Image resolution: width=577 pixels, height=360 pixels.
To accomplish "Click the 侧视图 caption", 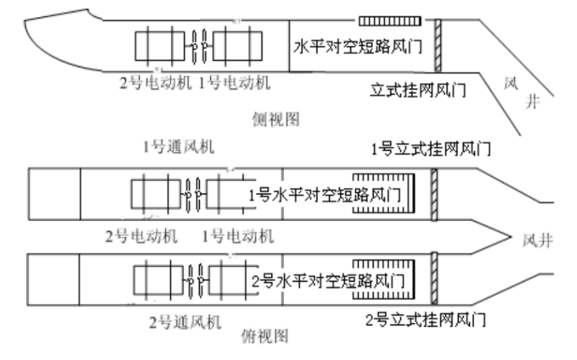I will click(275, 118).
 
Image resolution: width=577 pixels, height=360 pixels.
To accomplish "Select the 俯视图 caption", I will click(266, 337).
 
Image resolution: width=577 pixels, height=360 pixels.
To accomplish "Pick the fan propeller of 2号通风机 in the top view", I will click(196, 280).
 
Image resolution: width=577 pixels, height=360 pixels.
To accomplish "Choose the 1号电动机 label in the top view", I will click(237, 237).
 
